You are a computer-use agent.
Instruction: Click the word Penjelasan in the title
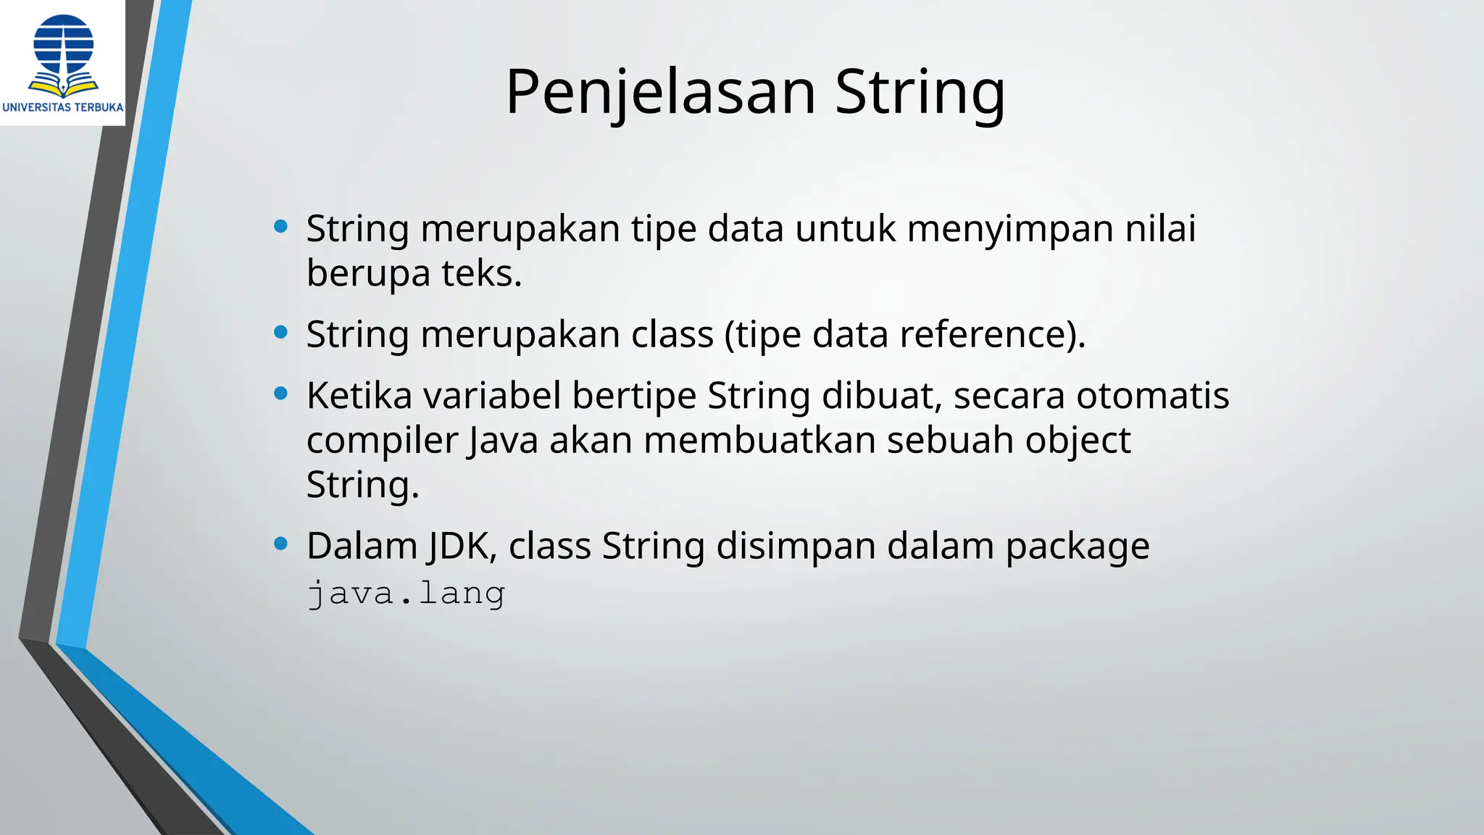pyautogui.click(x=660, y=93)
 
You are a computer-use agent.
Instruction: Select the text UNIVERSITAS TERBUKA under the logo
pyautogui.click(x=63, y=107)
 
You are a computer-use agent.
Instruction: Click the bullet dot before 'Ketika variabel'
pyautogui.click(x=281, y=394)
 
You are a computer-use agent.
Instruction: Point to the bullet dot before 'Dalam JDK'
pyautogui.click(x=281, y=544)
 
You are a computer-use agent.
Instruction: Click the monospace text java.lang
pyautogui.click(x=406, y=594)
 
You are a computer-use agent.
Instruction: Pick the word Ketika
pyautogui.click(x=359, y=396)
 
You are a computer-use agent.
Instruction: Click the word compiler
pyautogui.click(x=382, y=441)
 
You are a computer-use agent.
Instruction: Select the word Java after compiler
pyautogui.click(x=503, y=441)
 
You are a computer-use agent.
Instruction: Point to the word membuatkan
pyautogui.click(x=759, y=441)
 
